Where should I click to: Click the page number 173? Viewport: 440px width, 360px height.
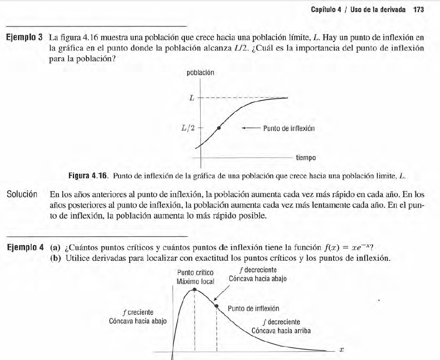(x=418, y=10)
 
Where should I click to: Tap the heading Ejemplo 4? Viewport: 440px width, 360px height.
(x=23, y=247)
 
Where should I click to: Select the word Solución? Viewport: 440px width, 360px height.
(x=21, y=194)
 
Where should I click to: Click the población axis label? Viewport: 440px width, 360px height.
(x=200, y=72)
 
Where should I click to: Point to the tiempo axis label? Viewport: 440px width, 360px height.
(x=306, y=158)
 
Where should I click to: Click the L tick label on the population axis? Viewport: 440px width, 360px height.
(x=191, y=98)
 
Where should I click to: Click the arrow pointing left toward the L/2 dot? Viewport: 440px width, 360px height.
(x=250, y=129)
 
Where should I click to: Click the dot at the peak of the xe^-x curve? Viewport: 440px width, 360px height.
(x=195, y=290)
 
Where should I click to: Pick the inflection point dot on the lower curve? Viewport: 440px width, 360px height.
(x=217, y=305)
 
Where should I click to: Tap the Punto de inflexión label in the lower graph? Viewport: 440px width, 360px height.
(x=254, y=308)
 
